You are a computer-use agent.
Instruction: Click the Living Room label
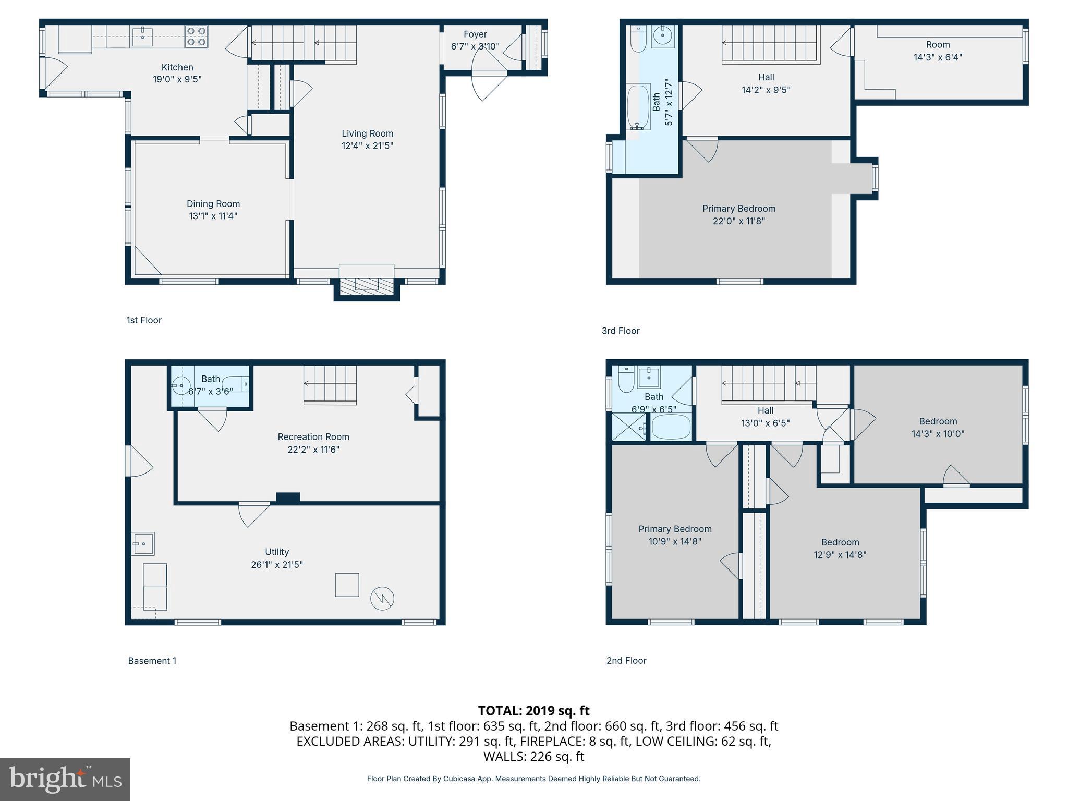(367, 133)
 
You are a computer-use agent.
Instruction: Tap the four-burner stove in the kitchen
(196, 37)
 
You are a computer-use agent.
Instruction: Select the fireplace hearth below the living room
(367, 285)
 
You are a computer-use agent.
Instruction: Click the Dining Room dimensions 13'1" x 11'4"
(213, 216)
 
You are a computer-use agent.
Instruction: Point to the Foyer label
(475, 34)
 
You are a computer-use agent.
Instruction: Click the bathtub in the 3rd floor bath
(638, 107)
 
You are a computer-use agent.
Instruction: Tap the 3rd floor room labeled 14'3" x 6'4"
(938, 51)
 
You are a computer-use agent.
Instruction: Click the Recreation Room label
(313, 437)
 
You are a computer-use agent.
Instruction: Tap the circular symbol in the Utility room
(382, 599)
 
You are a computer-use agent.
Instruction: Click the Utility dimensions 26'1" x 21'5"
(277, 565)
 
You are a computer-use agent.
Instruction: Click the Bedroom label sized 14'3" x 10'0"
(938, 421)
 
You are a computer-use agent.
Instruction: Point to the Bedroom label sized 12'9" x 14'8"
(840, 542)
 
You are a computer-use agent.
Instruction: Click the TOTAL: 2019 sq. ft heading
(533, 711)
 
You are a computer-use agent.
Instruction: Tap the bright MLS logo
(65, 780)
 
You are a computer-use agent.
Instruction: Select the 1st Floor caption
(144, 320)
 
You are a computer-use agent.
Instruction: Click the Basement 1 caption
(152, 661)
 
